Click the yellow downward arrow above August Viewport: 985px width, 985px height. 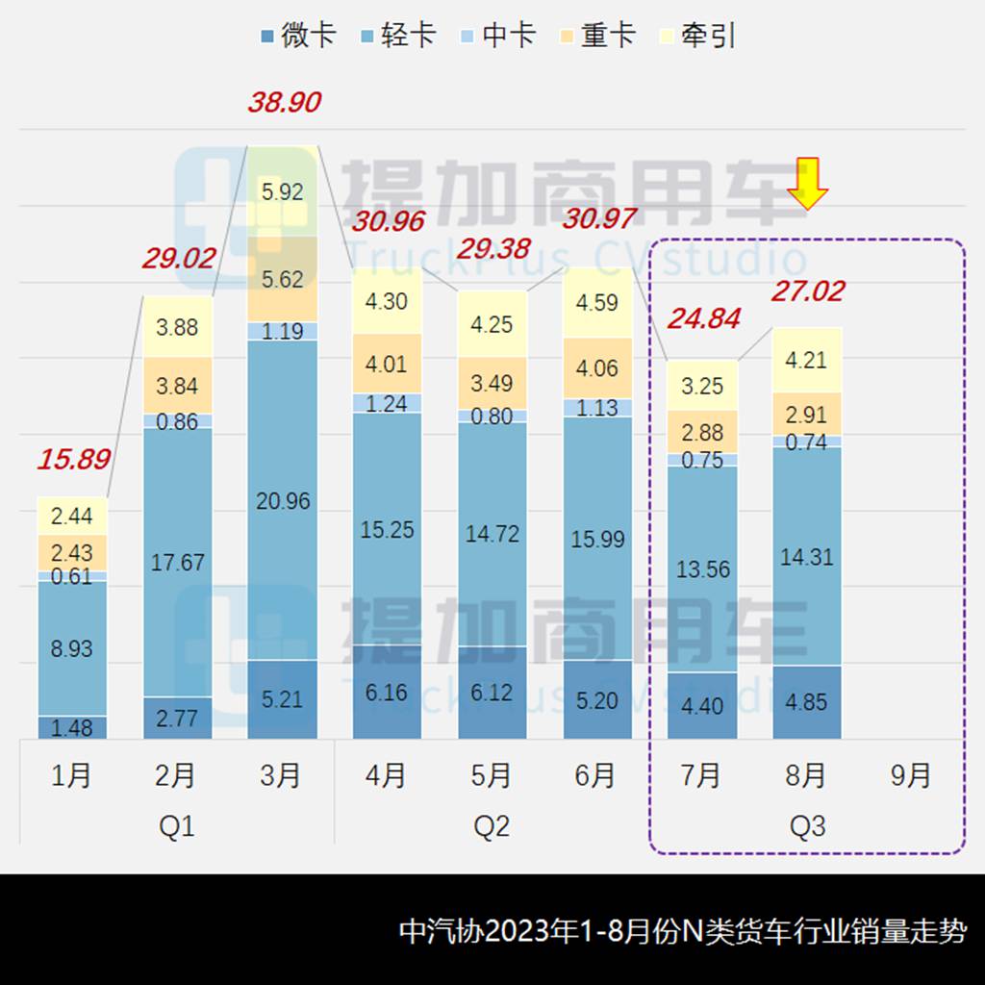click(808, 184)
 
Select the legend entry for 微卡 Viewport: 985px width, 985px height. click(297, 37)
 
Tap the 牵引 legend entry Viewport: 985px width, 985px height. click(698, 37)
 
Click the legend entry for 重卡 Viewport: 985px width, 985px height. click(596, 37)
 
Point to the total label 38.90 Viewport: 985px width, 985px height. click(284, 102)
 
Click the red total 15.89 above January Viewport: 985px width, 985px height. click(73, 459)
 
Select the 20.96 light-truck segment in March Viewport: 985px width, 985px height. click(283, 500)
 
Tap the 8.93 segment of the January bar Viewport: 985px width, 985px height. click(72, 648)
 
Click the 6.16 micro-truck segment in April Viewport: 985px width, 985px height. click(388, 692)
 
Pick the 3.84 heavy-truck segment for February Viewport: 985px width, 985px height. click(178, 386)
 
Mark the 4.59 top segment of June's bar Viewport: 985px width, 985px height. click(597, 303)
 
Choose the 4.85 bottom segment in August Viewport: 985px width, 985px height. click(807, 702)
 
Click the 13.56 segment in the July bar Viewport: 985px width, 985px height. click(702, 568)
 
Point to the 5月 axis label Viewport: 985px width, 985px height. click(492, 775)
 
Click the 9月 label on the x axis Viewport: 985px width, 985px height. click(910, 775)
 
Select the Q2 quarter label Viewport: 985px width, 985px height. click(492, 826)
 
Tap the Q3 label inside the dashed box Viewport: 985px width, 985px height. click(807, 826)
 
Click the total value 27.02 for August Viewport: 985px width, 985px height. click(807, 290)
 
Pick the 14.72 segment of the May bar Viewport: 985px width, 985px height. click(492, 534)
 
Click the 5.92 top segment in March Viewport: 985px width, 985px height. click(283, 191)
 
